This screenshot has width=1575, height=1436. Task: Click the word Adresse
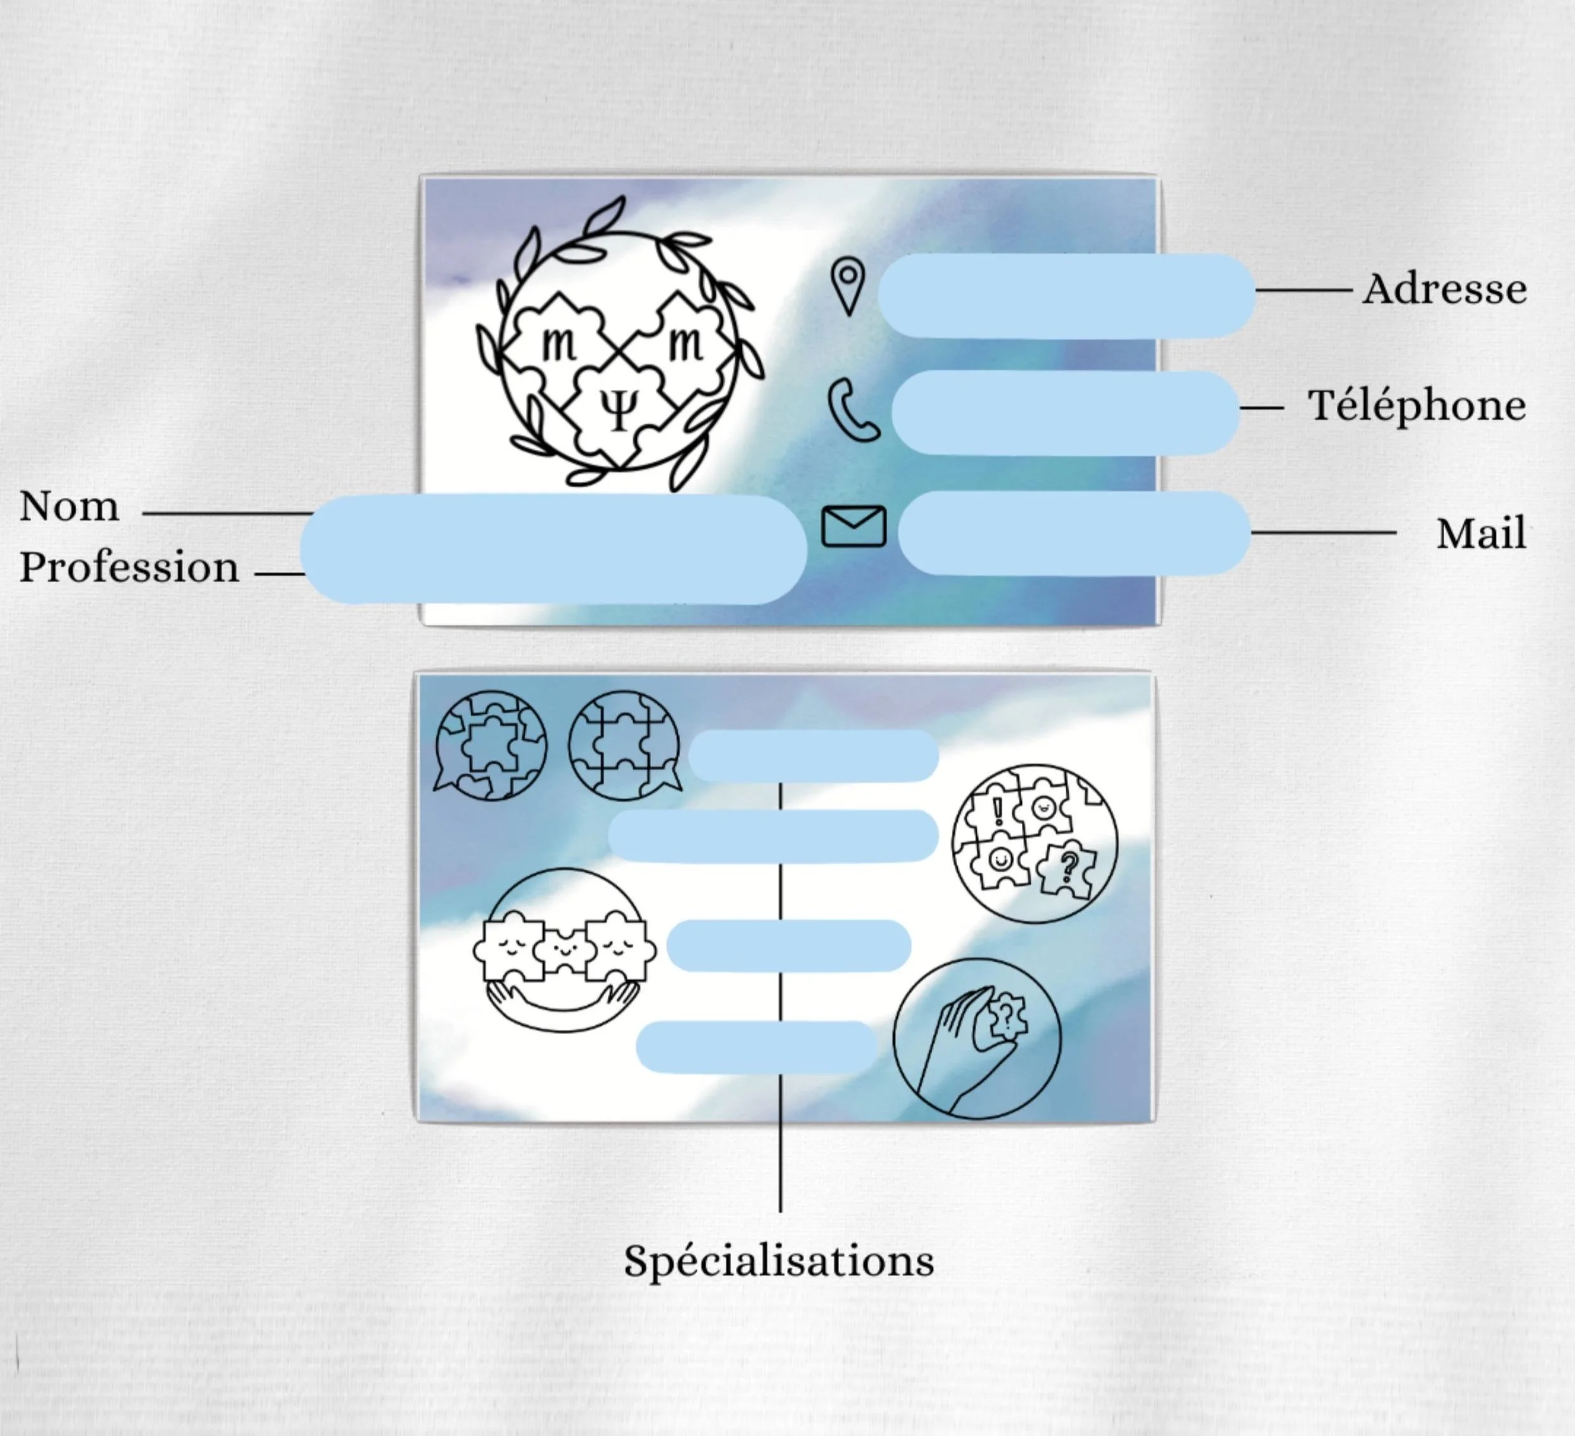pos(1445,289)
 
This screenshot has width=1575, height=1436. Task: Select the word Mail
pos(1480,534)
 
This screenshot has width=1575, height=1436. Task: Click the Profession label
pos(129,567)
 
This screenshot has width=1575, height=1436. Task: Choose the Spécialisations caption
pos(779,1260)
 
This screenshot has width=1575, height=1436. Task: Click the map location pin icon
pos(848,285)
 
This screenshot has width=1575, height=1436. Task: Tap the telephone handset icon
pos(852,410)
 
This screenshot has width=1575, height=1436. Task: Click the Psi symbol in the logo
pos(619,410)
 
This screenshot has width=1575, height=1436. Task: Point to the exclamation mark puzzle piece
pos(995,812)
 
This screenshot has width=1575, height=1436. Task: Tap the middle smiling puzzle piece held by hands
pos(563,950)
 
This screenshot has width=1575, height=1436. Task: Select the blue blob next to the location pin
pos(1066,295)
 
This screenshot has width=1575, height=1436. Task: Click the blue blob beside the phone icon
pos(1065,412)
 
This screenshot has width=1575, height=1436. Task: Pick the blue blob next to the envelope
pos(1074,533)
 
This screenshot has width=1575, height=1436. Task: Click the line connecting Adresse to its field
pos(1303,289)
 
